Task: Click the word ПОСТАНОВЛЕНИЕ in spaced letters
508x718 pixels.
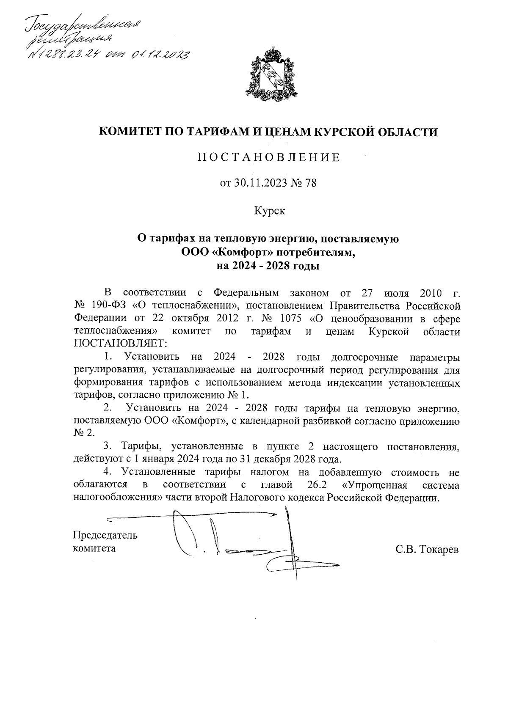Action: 269,158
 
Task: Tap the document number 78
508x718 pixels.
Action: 310,184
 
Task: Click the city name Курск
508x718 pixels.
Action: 269,211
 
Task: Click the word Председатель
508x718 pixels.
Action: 105,535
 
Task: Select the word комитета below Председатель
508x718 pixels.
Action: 94,548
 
